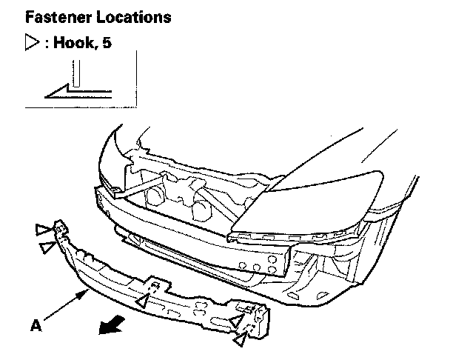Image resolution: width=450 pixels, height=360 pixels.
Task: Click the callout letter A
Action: click(x=35, y=324)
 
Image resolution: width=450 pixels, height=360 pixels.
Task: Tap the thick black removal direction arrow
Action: click(x=113, y=324)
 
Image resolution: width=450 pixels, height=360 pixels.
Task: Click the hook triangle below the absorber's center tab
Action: click(x=141, y=301)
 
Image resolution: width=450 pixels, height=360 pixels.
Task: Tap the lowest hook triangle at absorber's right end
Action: click(x=241, y=340)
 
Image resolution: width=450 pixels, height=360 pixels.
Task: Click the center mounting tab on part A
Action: click(x=154, y=284)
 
